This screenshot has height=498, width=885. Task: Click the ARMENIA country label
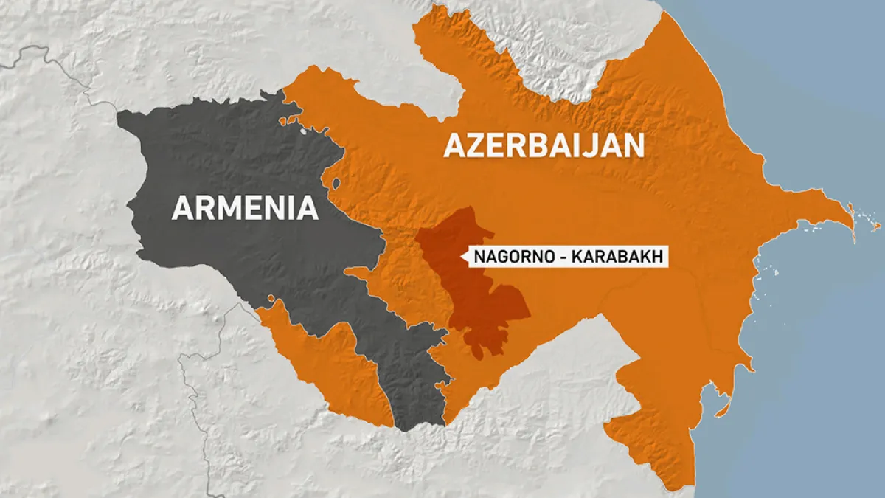click(245, 208)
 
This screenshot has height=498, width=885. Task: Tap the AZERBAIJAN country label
click(544, 145)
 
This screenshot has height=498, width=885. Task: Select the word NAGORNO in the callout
click(505, 257)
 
